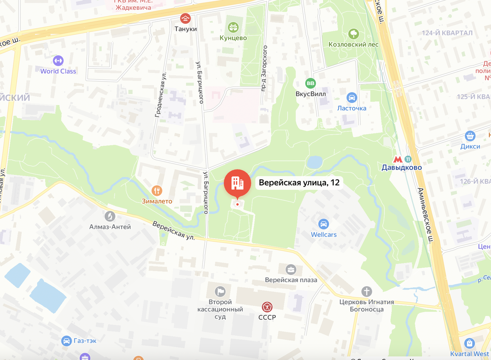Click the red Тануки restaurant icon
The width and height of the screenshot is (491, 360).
(x=186, y=18)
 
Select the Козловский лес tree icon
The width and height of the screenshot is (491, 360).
(x=353, y=34)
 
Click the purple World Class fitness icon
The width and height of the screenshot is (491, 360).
(x=58, y=61)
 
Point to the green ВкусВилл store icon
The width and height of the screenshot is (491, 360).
(x=311, y=83)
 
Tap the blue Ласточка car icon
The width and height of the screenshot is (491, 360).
(x=351, y=97)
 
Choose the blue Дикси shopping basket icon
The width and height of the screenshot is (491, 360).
(x=470, y=136)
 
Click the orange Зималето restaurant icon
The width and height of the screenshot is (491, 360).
(x=157, y=190)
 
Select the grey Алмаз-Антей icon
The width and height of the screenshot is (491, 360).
(x=110, y=216)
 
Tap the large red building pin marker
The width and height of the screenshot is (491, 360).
(x=237, y=183)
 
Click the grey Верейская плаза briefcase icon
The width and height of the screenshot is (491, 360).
(x=291, y=269)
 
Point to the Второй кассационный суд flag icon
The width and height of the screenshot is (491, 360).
(x=221, y=291)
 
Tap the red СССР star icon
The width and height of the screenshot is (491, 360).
(x=267, y=307)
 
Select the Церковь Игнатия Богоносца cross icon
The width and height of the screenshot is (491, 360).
(x=367, y=292)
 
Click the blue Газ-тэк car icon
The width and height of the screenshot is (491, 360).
(x=66, y=341)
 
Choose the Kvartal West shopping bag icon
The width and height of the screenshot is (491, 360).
(x=470, y=343)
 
